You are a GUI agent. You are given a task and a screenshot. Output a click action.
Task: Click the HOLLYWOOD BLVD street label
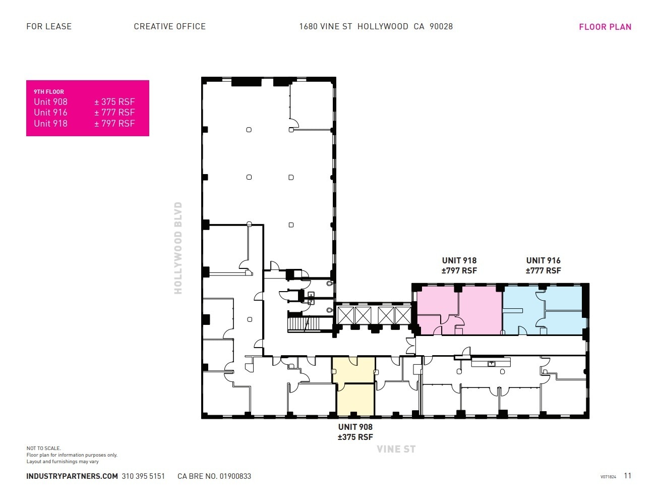pyautogui.click(x=177, y=248)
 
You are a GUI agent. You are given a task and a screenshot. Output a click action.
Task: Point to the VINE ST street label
pyautogui.click(x=396, y=449)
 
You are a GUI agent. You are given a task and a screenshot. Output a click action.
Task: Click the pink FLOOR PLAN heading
pyautogui.click(x=605, y=27)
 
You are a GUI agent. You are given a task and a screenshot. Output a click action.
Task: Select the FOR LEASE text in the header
pyautogui.click(x=49, y=26)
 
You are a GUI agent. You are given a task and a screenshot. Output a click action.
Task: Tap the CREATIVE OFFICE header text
pyautogui.click(x=169, y=26)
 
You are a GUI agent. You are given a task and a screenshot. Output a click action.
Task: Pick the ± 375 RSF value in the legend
pyautogui.click(x=114, y=102)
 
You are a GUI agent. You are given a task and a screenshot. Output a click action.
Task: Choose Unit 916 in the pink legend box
pyautogui.click(x=50, y=113)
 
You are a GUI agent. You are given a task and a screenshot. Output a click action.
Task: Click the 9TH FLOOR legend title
pyautogui.click(x=49, y=92)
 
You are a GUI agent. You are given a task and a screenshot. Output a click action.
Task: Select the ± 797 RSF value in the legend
pyautogui.click(x=114, y=124)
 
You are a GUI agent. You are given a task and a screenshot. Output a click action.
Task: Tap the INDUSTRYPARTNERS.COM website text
pyautogui.click(x=72, y=476)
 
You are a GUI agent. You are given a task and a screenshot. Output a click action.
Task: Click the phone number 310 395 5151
pyautogui.click(x=143, y=476)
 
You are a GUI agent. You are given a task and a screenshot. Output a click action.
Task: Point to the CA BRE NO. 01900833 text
pyautogui.click(x=214, y=476)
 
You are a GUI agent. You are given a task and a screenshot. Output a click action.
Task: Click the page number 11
pyautogui.click(x=627, y=475)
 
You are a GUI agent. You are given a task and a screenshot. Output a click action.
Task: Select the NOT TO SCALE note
pyautogui.click(x=44, y=448)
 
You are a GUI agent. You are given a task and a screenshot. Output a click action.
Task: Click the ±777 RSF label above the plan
pyautogui.click(x=543, y=270)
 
